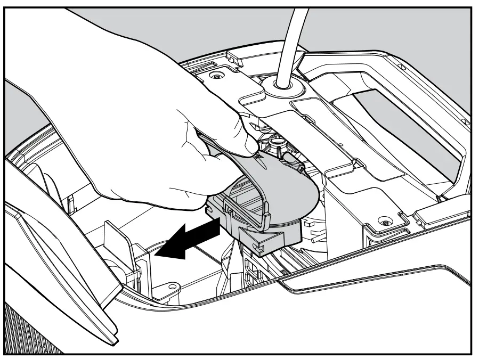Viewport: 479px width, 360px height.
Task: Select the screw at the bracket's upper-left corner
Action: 216,76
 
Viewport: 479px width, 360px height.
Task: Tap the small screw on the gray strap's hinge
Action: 302,168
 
